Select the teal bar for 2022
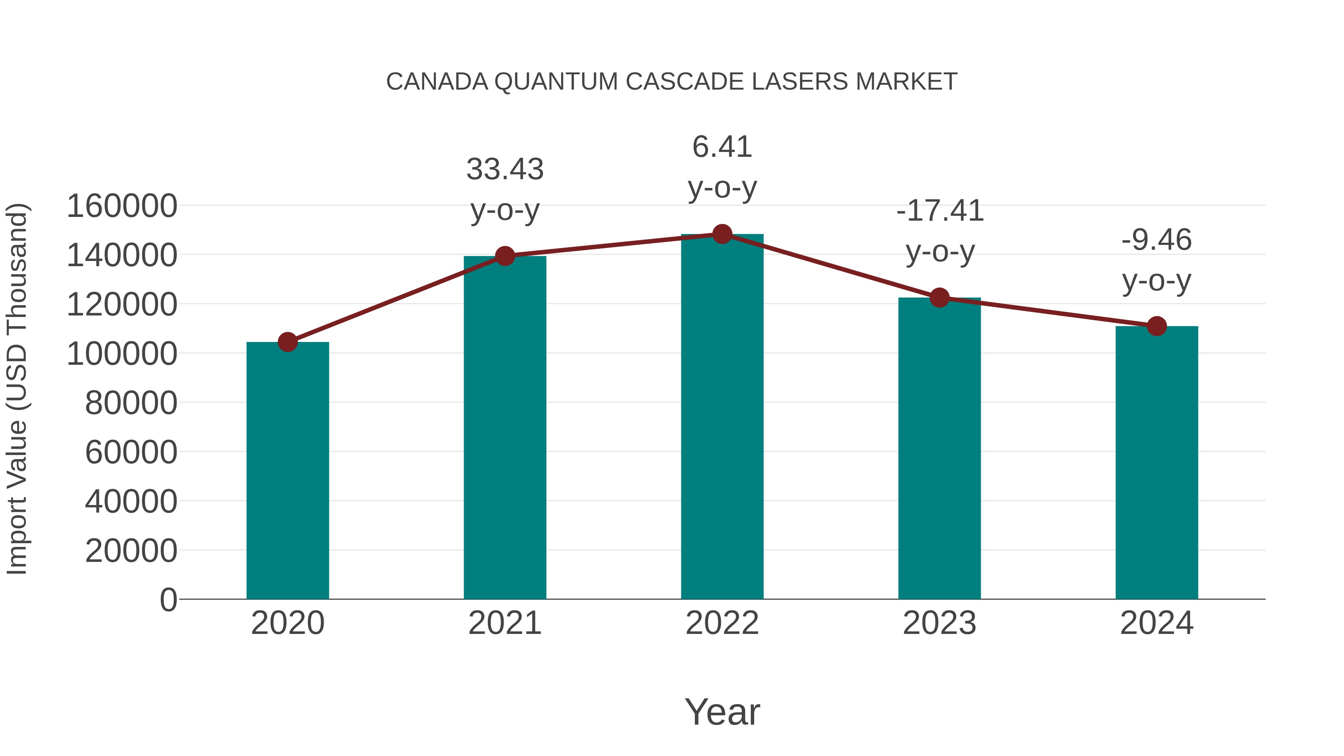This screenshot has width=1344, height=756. point(722,417)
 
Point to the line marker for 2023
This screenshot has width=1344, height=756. point(939,298)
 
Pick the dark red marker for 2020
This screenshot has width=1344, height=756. point(287,342)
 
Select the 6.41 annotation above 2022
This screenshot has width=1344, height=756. point(722,147)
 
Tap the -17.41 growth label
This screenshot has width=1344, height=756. point(940,211)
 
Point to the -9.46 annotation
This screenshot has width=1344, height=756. point(1157,240)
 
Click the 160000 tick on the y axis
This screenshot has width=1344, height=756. point(122,206)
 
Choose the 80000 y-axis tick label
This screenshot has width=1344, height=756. point(131,403)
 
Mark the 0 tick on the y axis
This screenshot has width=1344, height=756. point(168,600)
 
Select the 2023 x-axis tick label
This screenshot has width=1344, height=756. point(939,623)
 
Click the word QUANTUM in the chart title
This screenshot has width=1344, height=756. point(556,82)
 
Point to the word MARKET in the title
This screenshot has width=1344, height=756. point(906,82)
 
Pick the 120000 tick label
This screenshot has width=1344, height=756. point(122,305)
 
